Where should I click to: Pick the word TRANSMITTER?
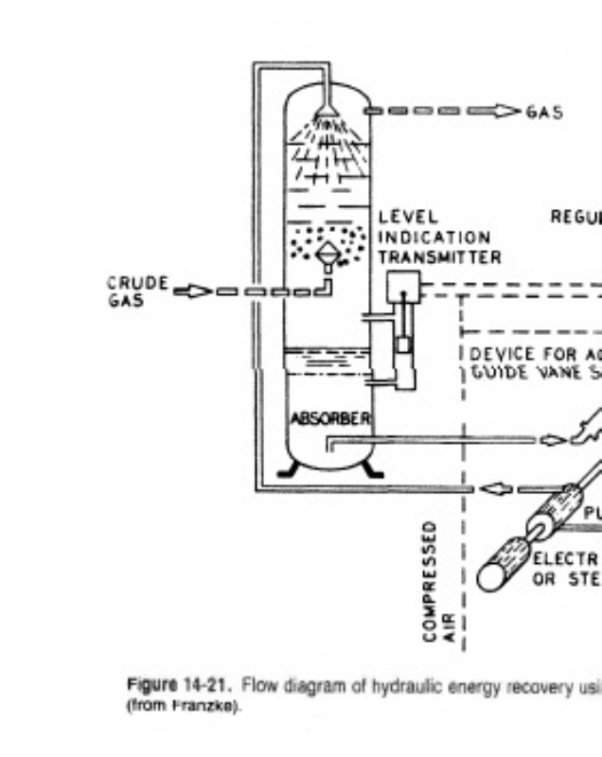(439, 256)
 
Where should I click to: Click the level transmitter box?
(404, 283)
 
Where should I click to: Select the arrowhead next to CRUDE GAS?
(190, 290)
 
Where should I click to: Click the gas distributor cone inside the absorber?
(327, 253)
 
